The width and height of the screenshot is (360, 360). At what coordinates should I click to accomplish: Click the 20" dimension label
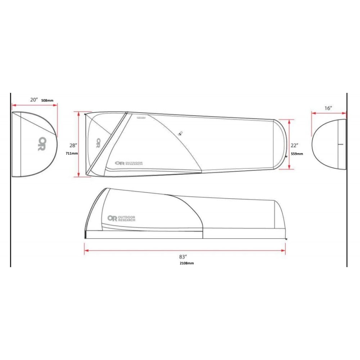(x=34, y=100)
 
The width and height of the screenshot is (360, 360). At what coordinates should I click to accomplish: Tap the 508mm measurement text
(x=47, y=100)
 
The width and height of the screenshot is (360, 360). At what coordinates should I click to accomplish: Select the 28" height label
(x=73, y=145)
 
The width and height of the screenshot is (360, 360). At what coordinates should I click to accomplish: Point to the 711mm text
(x=72, y=153)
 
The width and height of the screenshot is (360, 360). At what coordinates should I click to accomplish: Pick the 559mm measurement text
(x=297, y=154)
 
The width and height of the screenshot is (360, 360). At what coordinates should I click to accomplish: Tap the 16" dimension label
(x=328, y=108)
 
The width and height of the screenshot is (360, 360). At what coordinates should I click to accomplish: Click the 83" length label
(x=183, y=257)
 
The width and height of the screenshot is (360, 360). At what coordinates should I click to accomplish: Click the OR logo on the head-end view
(x=42, y=143)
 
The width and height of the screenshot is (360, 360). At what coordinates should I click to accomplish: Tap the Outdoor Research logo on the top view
(x=129, y=163)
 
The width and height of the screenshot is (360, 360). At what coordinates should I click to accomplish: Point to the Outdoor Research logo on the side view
(x=121, y=218)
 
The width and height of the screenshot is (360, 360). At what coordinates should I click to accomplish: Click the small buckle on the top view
(x=180, y=133)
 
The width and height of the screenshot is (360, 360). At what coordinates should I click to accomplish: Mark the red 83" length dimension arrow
(x=185, y=250)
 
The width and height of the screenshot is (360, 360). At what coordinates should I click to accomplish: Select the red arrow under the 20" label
(x=35, y=105)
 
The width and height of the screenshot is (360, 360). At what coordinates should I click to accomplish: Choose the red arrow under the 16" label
(x=328, y=113)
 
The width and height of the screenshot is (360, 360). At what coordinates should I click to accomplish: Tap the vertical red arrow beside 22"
(x=289, y=144)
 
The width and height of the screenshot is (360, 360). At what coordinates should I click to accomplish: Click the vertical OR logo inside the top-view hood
(x=98, y=143)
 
